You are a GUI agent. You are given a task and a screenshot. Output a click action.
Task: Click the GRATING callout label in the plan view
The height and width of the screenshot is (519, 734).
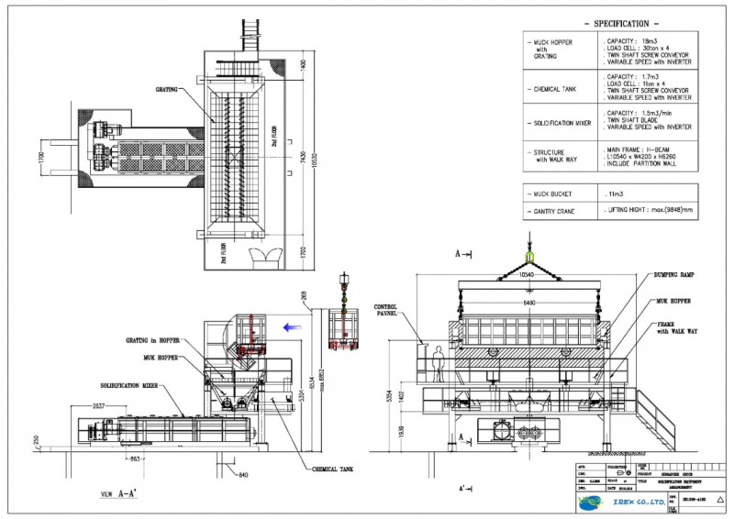166,89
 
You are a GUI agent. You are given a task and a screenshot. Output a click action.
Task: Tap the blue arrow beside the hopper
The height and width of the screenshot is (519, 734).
291,325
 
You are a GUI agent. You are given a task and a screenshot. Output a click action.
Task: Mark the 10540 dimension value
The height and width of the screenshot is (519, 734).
527,274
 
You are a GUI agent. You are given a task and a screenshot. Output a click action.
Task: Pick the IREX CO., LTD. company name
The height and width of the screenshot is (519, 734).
624,502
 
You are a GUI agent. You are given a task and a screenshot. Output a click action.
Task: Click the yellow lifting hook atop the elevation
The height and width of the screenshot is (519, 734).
528,256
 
